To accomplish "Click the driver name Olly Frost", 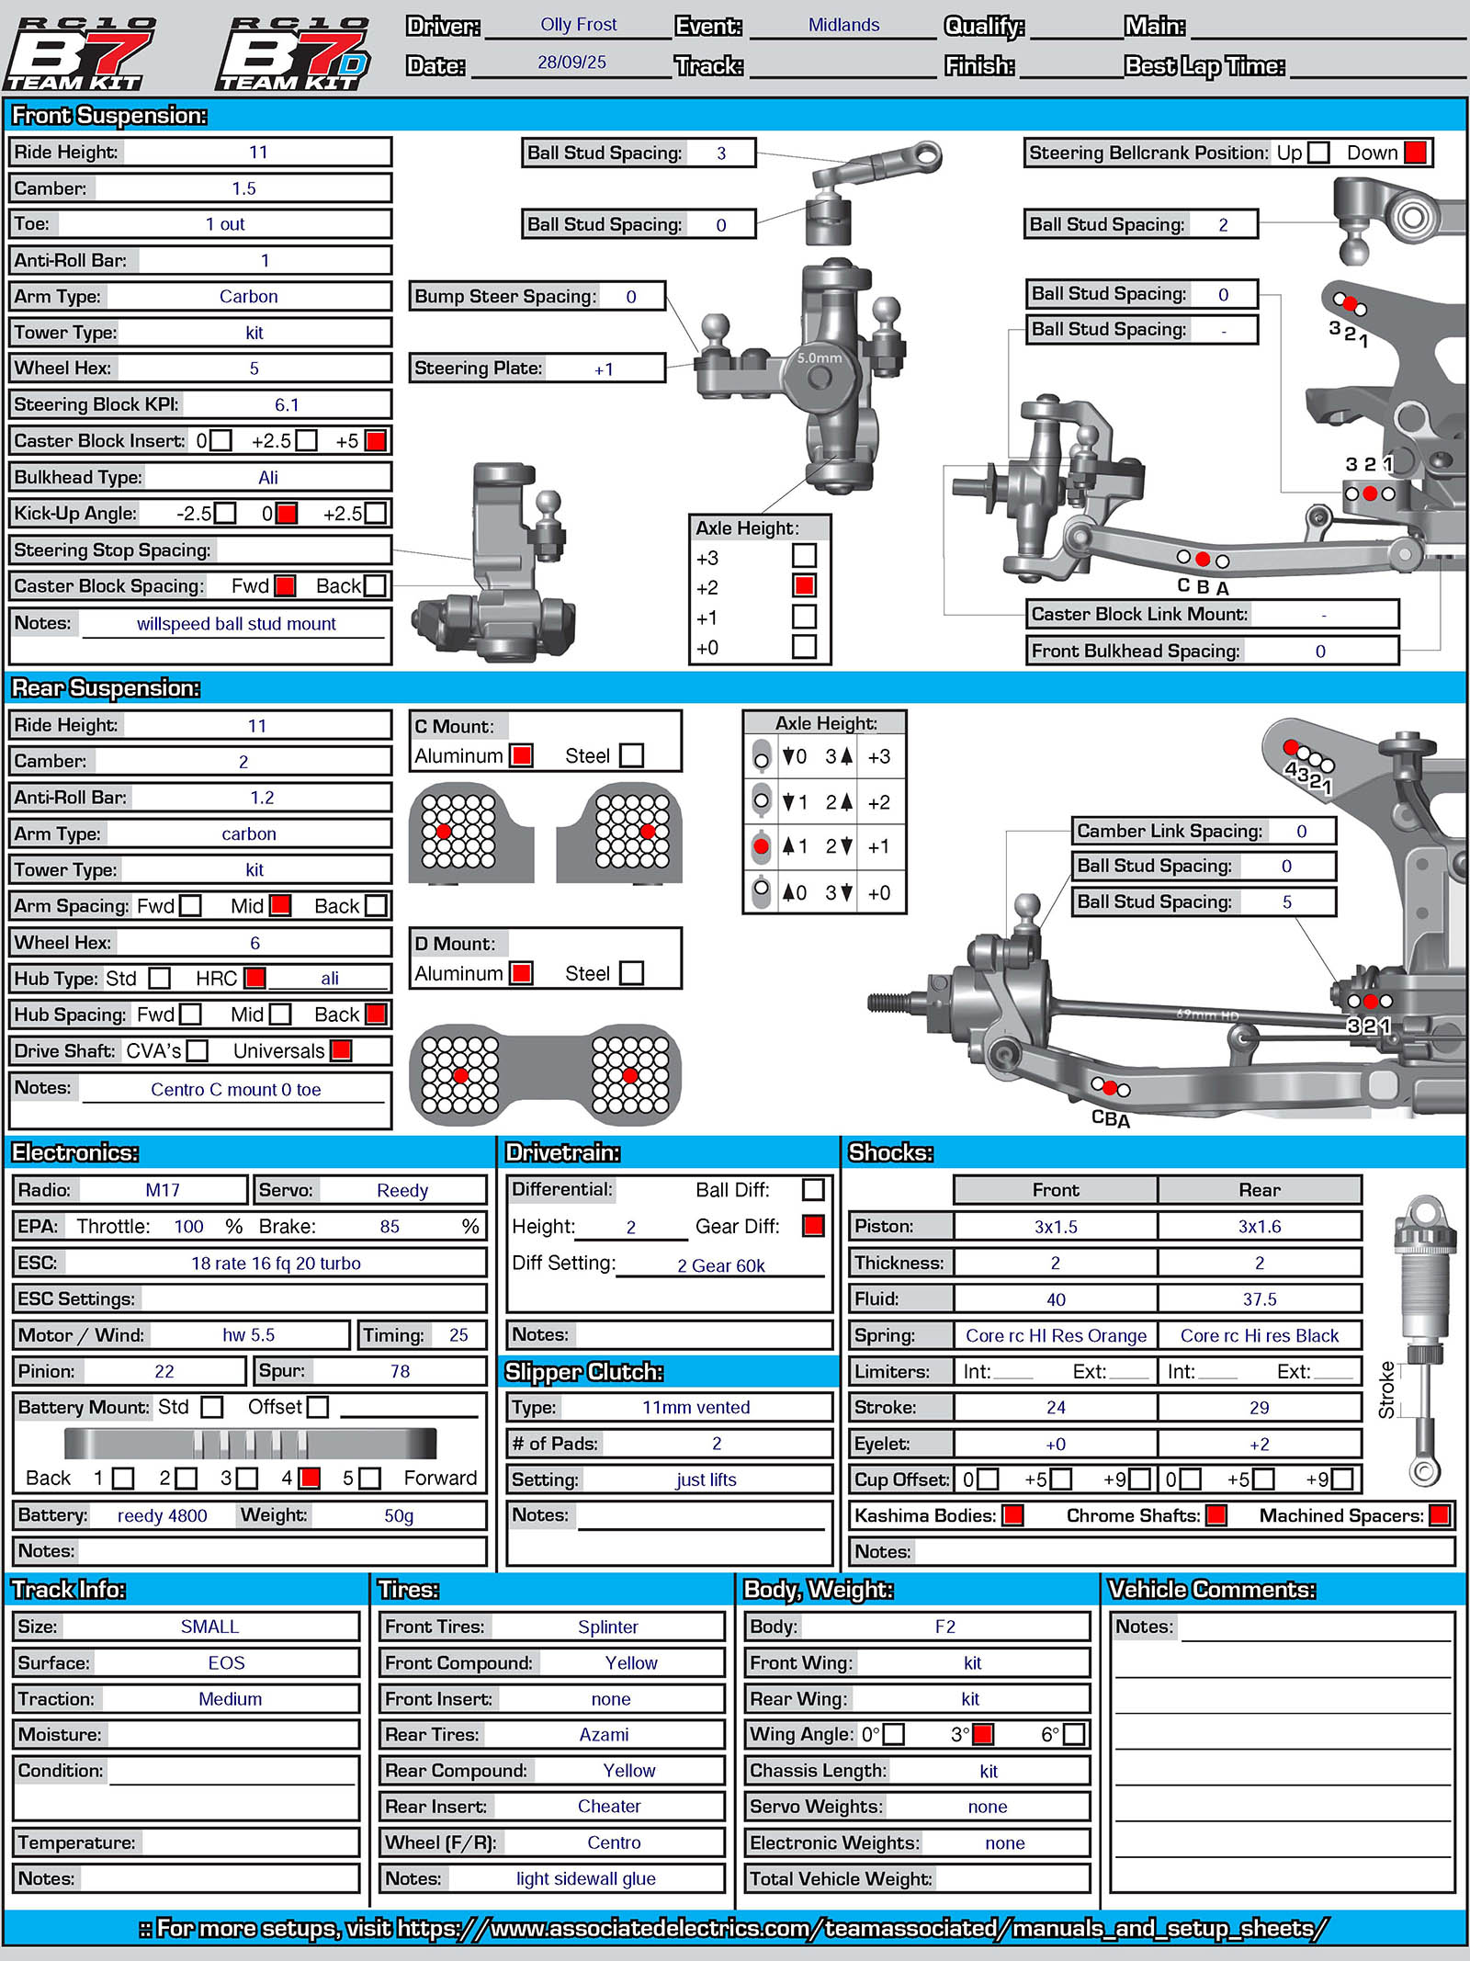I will (x=578, y=25).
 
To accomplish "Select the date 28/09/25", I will (x=571, y=62).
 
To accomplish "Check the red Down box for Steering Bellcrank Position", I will (x=1416, y=153).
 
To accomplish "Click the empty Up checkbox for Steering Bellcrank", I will (x=1318, y=153).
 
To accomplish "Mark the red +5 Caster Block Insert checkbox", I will (x=375, y=441).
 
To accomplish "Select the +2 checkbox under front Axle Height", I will (x=805, y=586).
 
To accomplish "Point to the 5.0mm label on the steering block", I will (x=819, y=358).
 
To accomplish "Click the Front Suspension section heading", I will (x=109, y=116).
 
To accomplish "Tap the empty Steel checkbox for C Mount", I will (x=631, y=755).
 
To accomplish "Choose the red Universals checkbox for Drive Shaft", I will (x=341, y=1050).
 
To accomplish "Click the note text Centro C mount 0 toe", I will (x=236, y=1090).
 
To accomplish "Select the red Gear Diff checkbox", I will (x=813, y=1226).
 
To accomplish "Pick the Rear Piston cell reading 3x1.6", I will (x=1259, y=1227).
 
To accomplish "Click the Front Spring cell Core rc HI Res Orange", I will (x=1056, y=1336).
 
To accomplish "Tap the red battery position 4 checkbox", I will (x=311, y=1478).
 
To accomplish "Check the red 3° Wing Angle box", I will (x=983, y=1734).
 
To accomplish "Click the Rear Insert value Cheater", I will (x=609, y=1807).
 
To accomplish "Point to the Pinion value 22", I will (x=164, y=1372).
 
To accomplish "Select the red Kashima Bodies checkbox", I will (x=1013, y=1515).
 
